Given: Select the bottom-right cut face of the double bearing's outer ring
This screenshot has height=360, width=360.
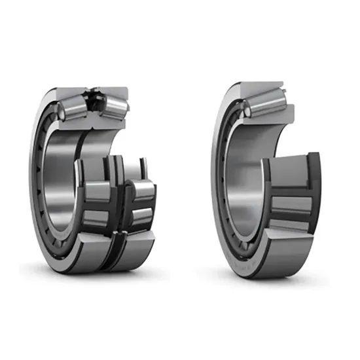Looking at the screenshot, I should click(134, 252).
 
